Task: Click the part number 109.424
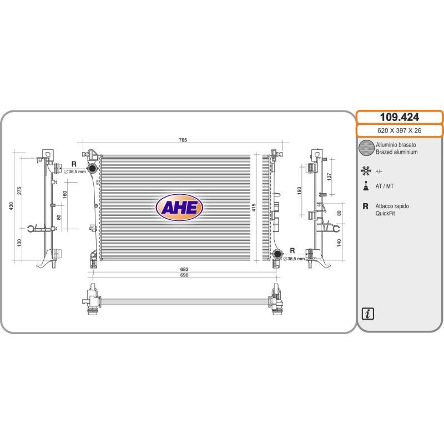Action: tap(399, 117)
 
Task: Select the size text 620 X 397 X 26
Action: tap(399, 130)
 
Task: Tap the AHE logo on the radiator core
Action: tap(179, 208)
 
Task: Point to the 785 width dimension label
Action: tap(183, 140)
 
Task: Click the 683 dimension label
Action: tap(184, 269)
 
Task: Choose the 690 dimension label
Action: tap(184, 275)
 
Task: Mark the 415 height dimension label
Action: tap(254, 207)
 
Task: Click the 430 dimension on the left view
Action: tap(11, 206)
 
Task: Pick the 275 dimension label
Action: tap(19, 190)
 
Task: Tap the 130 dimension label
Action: tap(19, 243)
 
